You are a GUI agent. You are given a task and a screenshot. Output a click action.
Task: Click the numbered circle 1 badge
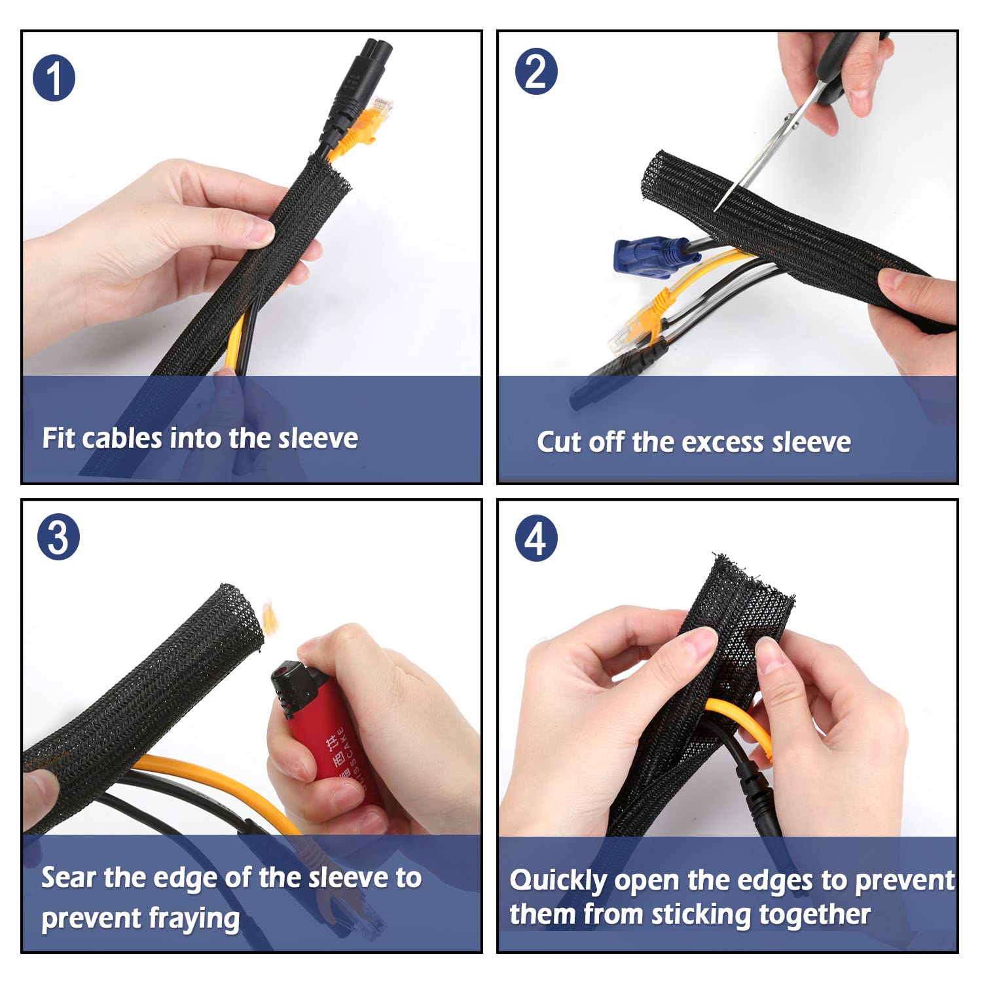[54, 78]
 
